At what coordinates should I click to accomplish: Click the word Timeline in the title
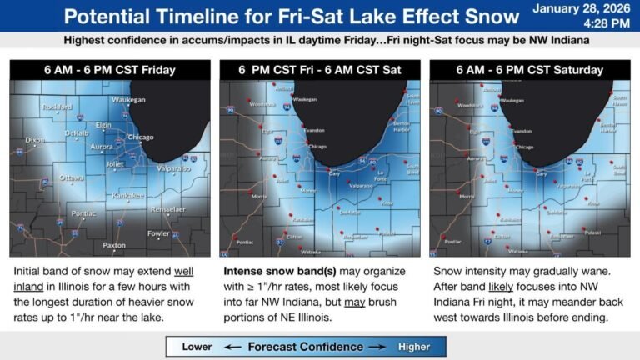pyautogui.click(x=197, y=17)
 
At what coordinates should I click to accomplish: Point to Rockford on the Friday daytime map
pyautogui.click(x=56, y=106)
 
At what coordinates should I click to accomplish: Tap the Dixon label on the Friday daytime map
pyautogui.click(x=36, y=139)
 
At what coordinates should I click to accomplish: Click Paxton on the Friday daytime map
pyautogui.click(x=114, y=246)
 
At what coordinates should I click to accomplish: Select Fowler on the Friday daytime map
pyautogui.click(x=159, y=233)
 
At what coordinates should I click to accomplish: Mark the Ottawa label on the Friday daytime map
pyautogui.click(x=72, y=177)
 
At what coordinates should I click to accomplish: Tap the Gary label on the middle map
pyautogui.click(x=334, y=174)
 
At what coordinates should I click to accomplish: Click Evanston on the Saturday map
pyautogui.click(x=522, y=131)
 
